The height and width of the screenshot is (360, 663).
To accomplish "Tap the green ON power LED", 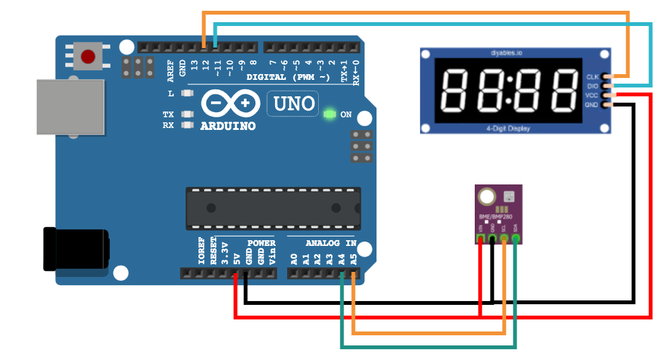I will tap(329, 115).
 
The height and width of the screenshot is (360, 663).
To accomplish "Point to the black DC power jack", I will tap(75, 249).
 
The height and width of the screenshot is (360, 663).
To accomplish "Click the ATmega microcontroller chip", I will tap(273, 208).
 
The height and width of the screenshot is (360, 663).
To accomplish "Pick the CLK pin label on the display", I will tap(593, 77).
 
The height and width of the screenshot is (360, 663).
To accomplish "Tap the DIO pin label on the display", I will tap(593, 86).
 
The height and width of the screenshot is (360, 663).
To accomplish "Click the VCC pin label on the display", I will tap(592, 95).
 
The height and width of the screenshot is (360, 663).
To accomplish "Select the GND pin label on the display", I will tap(592, 105).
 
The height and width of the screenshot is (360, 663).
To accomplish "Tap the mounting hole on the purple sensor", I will tap(487, 196).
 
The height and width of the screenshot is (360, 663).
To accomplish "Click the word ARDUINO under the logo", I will tap(228, 126).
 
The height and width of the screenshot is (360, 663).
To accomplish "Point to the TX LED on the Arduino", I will tap(186, 115).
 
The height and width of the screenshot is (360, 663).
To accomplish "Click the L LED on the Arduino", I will tap(186, 94).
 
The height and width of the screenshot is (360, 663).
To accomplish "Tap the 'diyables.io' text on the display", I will tap(506, 53).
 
